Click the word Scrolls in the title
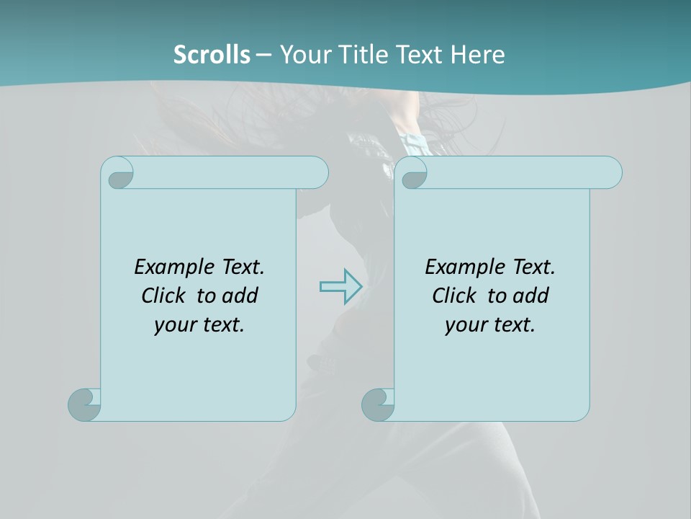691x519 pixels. point(212,55)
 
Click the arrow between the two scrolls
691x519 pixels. point(340,287)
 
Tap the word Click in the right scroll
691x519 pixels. point(455,296)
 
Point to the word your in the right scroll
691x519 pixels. point(465,325)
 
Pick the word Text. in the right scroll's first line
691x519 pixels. point(533,267)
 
